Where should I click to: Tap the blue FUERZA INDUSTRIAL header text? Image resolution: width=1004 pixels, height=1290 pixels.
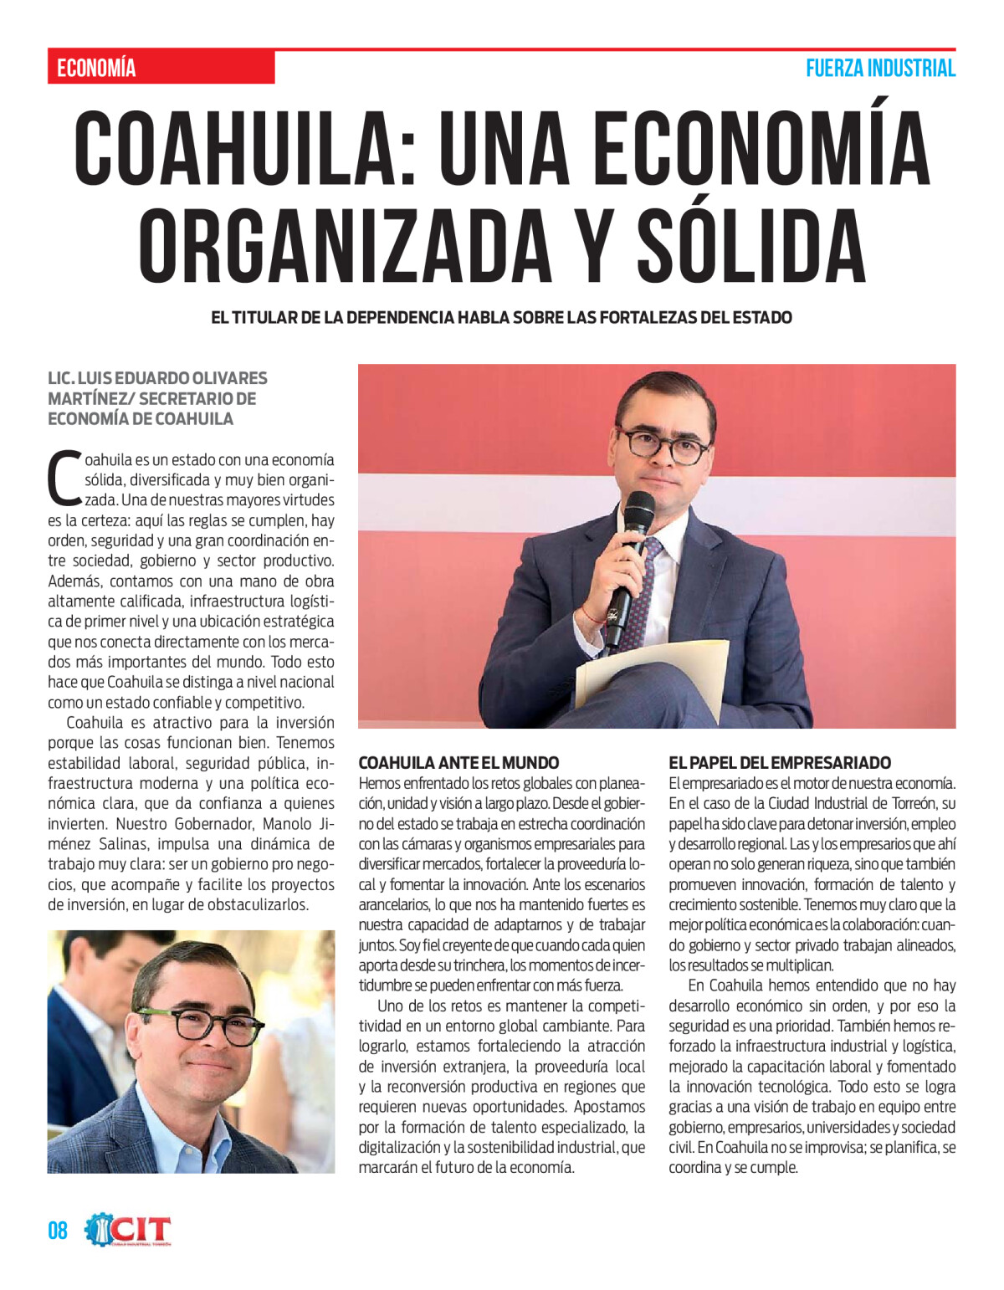(880, 69)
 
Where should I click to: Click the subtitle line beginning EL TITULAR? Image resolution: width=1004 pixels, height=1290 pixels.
(501, 318)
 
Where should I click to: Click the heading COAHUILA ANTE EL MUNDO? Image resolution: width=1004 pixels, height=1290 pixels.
(458, 763)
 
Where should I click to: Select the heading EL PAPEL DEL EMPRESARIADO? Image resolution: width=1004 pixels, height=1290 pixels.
(780, 763)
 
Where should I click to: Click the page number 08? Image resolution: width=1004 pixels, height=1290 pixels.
(57, 1231)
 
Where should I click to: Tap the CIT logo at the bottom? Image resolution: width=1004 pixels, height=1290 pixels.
(129, 1231)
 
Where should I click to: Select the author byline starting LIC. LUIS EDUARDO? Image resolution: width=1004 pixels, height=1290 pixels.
(157, 398)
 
